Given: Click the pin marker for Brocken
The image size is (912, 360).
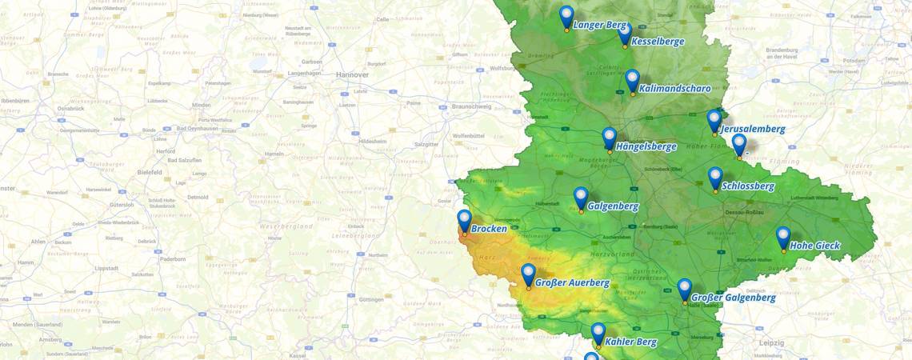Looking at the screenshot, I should click(x=464, y=220).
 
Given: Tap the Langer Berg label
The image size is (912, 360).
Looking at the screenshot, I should click(x=599, y=26).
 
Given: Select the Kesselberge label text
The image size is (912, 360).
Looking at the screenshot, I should click(x=657, y=42).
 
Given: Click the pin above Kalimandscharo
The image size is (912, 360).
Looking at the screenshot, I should click(x=632, y=80).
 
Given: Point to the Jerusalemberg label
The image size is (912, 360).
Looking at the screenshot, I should click(x=753, y=129).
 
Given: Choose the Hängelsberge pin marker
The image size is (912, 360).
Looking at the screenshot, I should click(x=609, y=138).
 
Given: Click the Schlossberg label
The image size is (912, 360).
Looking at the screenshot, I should click(x=747, y=186).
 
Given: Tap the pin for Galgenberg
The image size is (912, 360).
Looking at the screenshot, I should click(x=581, y=198).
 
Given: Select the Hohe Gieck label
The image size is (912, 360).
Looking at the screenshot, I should click(x=814, y=246).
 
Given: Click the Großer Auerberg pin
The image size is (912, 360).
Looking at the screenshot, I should click(x=528, y=274).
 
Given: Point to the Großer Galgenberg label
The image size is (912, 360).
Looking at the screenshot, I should click(x=733, y=298).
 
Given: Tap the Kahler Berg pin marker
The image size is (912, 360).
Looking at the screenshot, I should click(x=598, y=333).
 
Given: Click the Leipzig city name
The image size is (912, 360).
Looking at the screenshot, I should click(x=772, y=342).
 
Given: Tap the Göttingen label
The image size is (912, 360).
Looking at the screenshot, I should click(x=372, y=299).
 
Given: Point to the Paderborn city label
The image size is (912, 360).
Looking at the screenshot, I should click(x=172, y=259).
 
